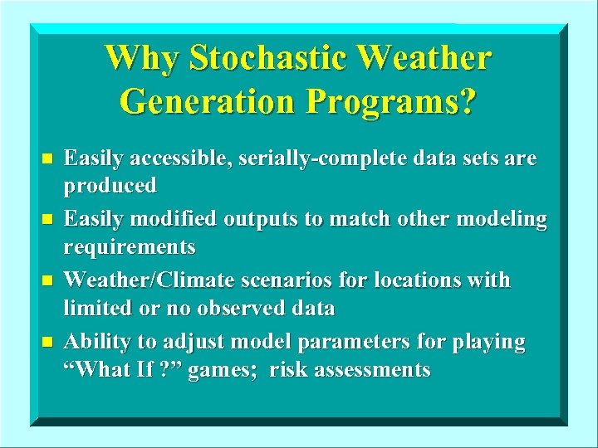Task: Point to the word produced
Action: pos(110,186)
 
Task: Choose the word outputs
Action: pos(257,219)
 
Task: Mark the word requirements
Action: pos(130,247)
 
